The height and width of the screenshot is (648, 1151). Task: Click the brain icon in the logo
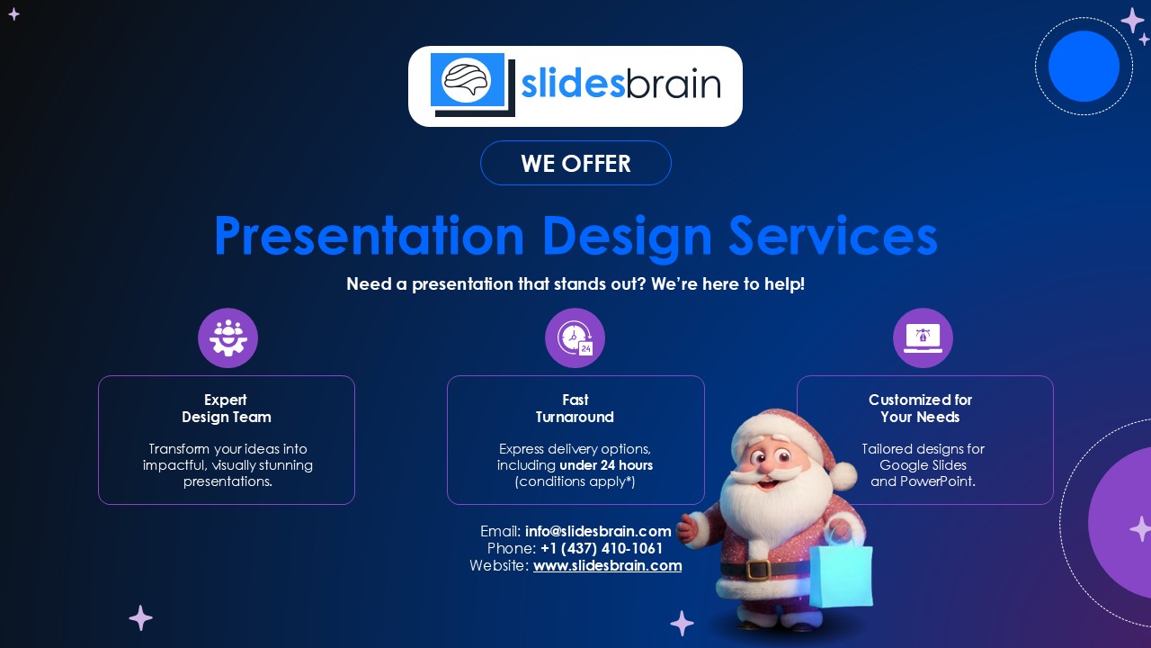click(467, 80)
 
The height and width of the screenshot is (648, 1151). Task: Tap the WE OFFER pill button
click(575, 163)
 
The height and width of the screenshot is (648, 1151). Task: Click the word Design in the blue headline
click(627, 237)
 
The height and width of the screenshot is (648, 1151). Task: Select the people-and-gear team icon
click(228, 337)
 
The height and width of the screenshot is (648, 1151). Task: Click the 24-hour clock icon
click(575, 337)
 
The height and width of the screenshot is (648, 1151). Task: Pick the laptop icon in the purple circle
click(923, 337)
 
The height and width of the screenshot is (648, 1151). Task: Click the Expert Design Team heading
click(226, 409)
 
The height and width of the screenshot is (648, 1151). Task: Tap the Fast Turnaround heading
click(575, 409)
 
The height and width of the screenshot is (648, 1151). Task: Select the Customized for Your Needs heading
click(920, 409)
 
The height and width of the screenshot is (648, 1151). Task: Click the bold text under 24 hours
click(606, 465)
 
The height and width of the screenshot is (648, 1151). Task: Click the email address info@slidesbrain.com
click(598, 531)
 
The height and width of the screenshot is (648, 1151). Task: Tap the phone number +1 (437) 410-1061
click(602, 548)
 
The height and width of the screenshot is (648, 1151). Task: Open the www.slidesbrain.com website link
click(607, 566)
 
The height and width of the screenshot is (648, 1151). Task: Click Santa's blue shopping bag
click(841, 573)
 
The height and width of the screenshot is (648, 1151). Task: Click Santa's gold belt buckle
click(758, 569)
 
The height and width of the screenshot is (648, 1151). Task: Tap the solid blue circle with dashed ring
click(1084, 67)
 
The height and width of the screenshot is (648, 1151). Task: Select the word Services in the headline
click(834, 236)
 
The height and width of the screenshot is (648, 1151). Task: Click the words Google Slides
click(923, 465)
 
